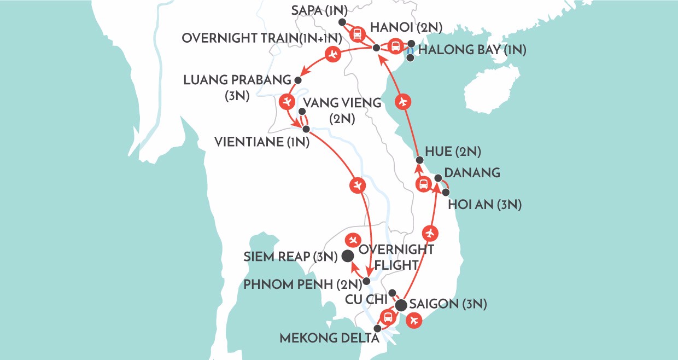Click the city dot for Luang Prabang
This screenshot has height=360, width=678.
(x=298, y=80)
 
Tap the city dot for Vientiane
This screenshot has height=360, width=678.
(x=306, y=129)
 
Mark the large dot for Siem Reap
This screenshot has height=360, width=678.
(x=347, y=255)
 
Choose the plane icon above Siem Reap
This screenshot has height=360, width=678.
(x=353, y=239)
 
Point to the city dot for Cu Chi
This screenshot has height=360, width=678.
(x=391, y=292)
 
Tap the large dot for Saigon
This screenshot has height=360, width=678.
(x=401, y=305)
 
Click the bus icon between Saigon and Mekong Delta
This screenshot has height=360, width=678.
(x=387, y=316)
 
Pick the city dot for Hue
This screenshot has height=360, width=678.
(x=419, y=160)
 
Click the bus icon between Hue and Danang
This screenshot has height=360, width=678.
(x=423, y=184)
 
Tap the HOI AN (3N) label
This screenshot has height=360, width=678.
(x=484, y=205)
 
